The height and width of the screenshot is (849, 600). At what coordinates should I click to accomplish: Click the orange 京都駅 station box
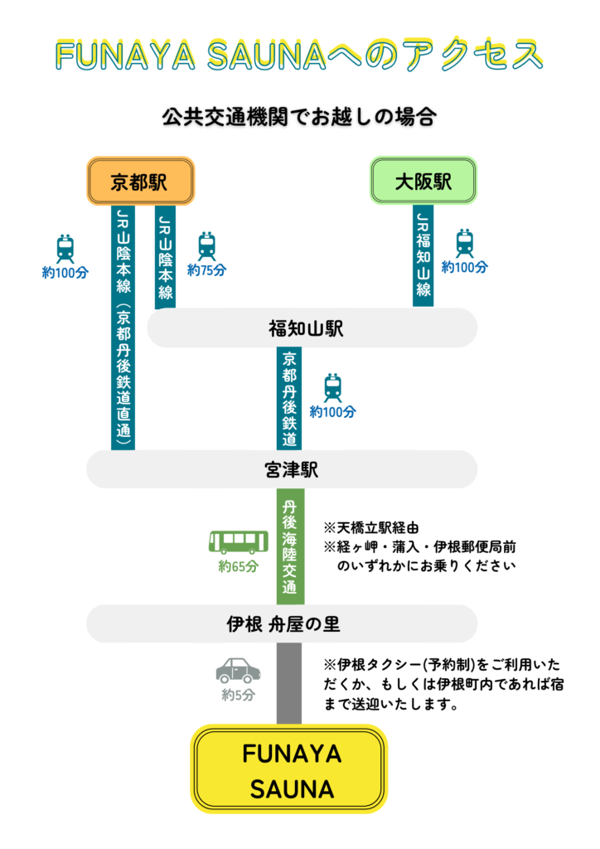(140, 181)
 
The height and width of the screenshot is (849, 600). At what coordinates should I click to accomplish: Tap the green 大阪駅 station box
(423, 181)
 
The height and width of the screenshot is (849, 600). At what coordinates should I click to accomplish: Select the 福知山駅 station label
(311, 328)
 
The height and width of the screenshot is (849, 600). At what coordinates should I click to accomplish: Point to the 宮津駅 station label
(282, 470)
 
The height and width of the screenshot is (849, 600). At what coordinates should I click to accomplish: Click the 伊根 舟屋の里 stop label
(282, 623)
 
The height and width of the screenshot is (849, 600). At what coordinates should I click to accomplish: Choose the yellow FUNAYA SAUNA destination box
(290, 769)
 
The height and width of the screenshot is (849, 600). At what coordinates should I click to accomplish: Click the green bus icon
(238, 543)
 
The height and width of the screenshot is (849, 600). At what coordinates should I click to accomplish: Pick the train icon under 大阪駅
(464, 243)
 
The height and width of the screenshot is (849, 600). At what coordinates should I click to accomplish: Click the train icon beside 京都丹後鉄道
(332, 388)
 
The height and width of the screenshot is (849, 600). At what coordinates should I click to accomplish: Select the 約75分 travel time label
(206, 269)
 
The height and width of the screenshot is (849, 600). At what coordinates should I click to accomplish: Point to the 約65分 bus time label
(239, 567)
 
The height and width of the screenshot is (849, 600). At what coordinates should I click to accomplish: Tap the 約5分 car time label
(238, 695)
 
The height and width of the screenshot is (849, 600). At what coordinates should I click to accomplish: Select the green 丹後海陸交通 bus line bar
(290, 546)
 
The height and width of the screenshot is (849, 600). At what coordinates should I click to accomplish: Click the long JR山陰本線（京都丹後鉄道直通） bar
(123, 327)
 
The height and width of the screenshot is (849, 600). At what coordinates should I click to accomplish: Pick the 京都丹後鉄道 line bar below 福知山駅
(289, 398)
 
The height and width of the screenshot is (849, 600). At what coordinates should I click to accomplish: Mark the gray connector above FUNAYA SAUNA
(289, 683)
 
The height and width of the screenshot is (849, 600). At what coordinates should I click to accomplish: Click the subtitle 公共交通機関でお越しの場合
(299, 117)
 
